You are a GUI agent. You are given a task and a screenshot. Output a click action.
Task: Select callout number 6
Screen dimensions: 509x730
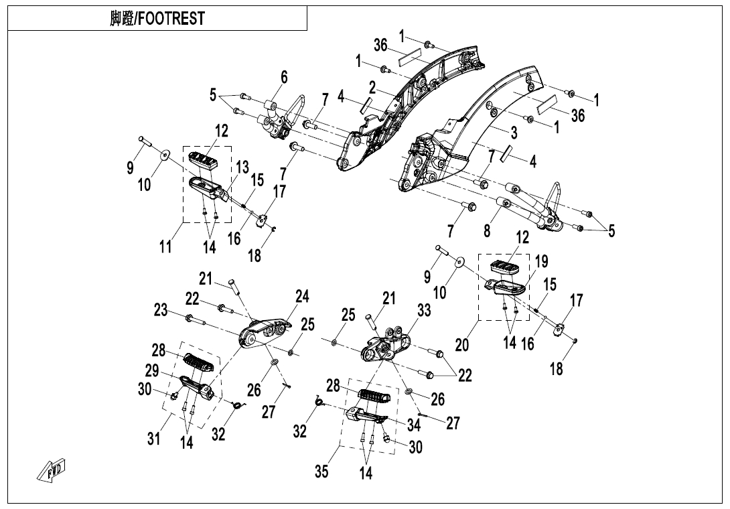click(284, 78)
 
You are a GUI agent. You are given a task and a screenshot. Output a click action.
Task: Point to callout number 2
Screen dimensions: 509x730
click(371, 87)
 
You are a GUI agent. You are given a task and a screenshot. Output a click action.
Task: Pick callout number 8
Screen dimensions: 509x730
click(487, 230)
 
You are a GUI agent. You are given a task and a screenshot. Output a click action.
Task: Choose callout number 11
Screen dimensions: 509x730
click(165, 246)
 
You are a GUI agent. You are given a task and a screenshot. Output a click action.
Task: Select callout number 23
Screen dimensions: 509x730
click(160, 310)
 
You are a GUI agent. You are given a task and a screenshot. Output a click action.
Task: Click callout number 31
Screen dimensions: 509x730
click(154, 439)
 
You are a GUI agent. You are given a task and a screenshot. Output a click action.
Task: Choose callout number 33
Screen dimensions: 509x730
click(423, 311)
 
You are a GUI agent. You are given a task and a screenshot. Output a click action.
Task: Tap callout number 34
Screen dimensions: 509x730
click(413, 424)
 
